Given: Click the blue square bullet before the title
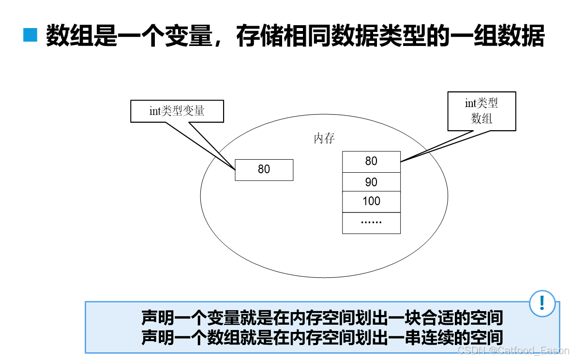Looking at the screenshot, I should pos(30,35).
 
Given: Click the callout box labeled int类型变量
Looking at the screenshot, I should pos(177,111).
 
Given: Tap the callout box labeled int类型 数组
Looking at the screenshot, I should pos(481,111).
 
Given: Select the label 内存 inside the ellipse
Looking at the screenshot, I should pos(324,138).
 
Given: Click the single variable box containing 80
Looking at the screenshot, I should pos(264,169).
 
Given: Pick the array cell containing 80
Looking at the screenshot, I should pos(371,162).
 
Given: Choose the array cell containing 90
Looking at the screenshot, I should pos(371,182).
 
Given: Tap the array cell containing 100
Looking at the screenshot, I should pos(371,202).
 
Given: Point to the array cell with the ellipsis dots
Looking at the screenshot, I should pos(371,223).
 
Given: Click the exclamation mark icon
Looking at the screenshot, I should pos(542,303).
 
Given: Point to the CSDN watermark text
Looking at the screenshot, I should pos(513,350).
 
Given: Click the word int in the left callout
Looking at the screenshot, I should pos(154,111).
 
